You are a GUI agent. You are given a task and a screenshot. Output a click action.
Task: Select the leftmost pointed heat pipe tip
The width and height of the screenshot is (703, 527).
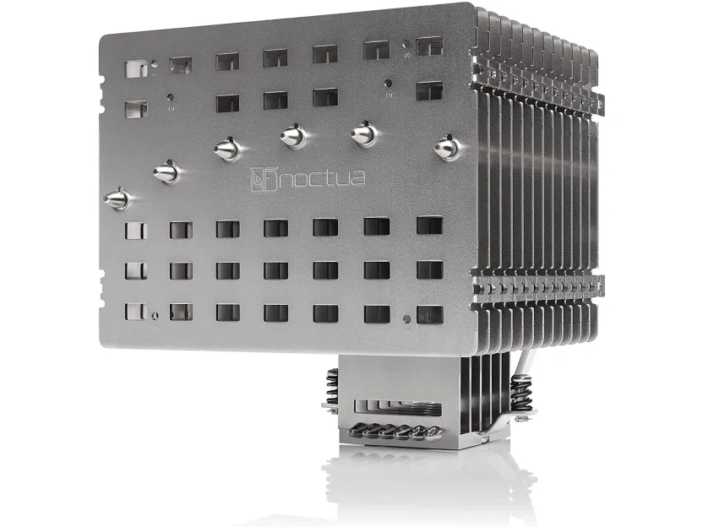click(x=117, y=198)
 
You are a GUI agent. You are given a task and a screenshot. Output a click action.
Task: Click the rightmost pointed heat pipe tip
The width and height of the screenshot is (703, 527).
click(x=448, y=148)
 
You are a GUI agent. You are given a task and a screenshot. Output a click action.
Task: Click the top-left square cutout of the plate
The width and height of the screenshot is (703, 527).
click(x=136, y=69)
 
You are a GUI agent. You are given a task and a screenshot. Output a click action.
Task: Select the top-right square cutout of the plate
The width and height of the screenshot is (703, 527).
click(x=429, y=46)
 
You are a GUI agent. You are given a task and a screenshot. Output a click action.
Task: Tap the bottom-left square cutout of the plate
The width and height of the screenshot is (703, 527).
click(x=136, y=312)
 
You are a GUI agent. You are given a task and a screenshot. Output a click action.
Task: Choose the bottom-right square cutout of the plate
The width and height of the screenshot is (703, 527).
click(x=430, y=314)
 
